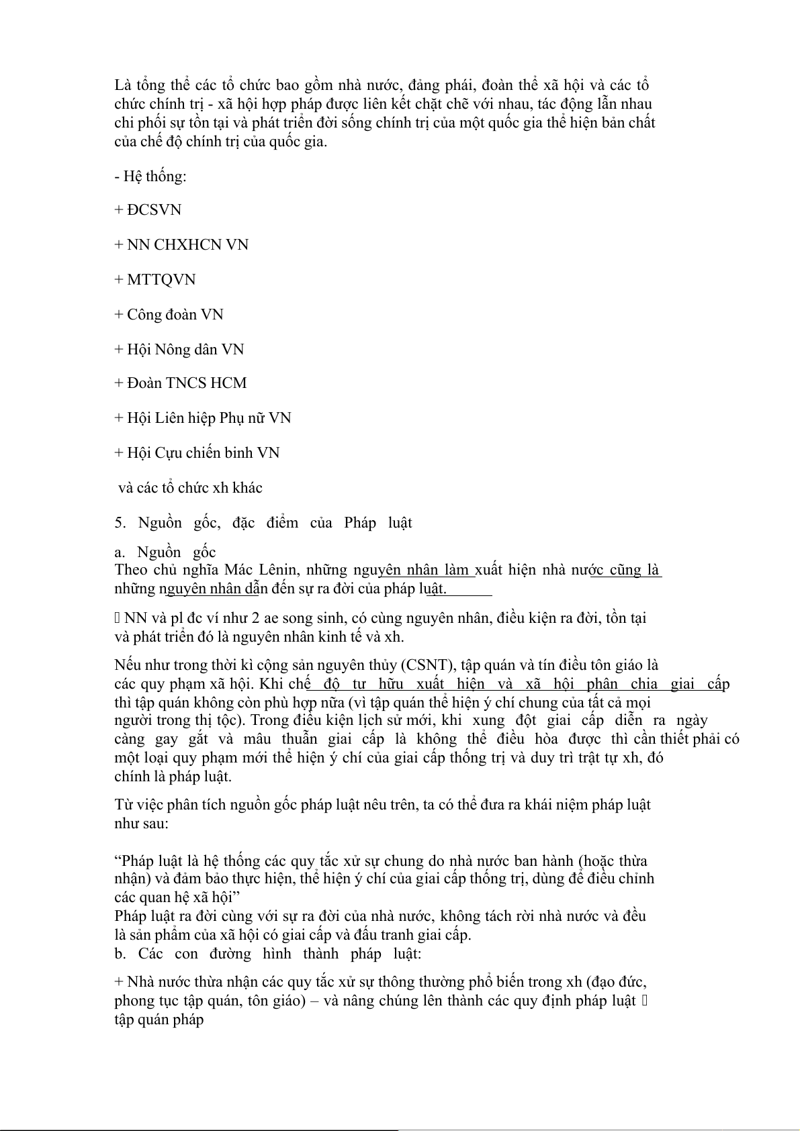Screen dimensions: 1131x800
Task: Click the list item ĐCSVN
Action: pyautogui.click(x=154, y=210)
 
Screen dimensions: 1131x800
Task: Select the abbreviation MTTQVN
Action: pyautogui.click(x=161, y=280)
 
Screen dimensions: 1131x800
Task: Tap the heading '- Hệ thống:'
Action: pyautogui.click(x=150, y=177)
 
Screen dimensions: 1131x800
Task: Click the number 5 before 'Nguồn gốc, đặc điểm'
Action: pyautogui.click(x=120, y=523)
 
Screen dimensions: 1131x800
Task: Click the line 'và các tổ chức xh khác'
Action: pyautogui.click(x=190, y=488)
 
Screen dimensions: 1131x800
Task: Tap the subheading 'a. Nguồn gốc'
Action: pyautogui.click(x=165, y=552)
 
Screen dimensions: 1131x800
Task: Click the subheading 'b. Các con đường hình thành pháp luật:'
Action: pyautogui.click(x=268, y=954)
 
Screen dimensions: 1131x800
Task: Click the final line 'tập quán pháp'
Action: pyautogui.click(x=159, y=1020)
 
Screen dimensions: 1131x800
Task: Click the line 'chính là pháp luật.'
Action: pyautogui.click(x=173, y=777)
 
